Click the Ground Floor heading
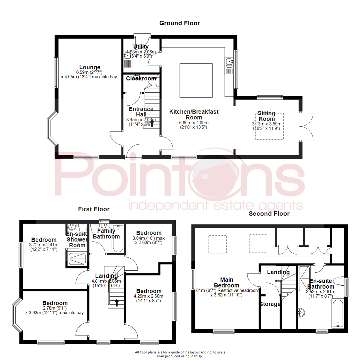179,23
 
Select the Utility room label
141,47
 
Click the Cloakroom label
141,79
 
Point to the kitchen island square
196,80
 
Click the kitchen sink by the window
229,62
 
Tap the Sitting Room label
267,116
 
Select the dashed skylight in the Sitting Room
269,126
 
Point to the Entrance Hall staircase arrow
152,124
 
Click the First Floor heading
94,209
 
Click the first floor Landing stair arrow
117,302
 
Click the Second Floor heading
269,213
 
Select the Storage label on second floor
270,304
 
